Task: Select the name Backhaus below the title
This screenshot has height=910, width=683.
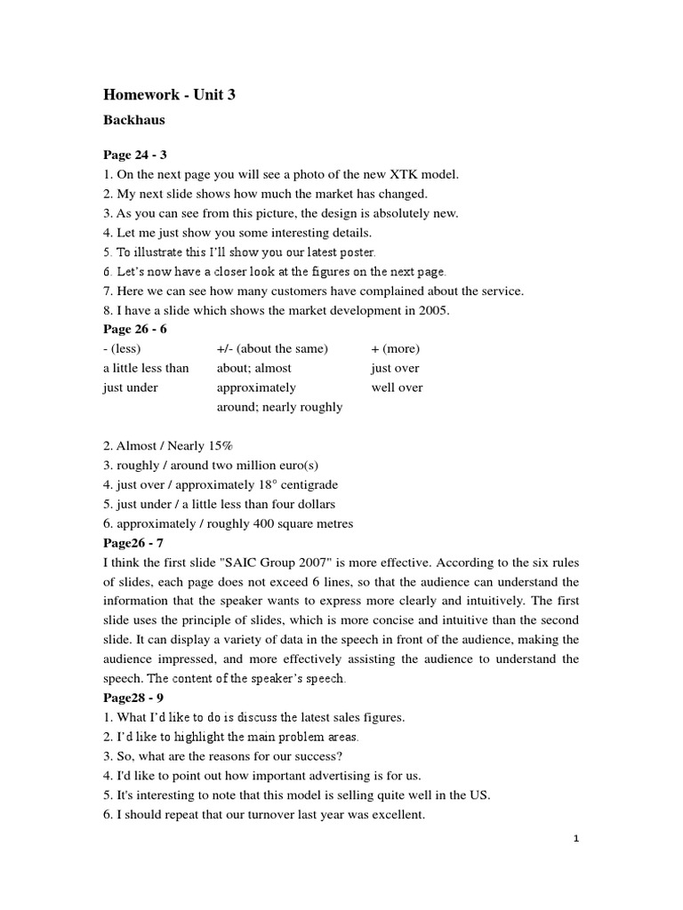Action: (134, 119)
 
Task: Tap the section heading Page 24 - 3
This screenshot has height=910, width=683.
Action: (135, 155)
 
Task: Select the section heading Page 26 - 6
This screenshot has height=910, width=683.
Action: (135, 330)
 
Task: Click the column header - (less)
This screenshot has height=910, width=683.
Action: (122, 348)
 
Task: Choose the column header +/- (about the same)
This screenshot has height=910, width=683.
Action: (272, 348)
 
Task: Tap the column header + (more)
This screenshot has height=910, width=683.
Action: (396, 348)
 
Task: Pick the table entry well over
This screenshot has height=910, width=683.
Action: (398, 387)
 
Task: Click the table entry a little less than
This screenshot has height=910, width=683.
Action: (146, 368)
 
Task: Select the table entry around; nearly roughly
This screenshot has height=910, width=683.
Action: (279, 407)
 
